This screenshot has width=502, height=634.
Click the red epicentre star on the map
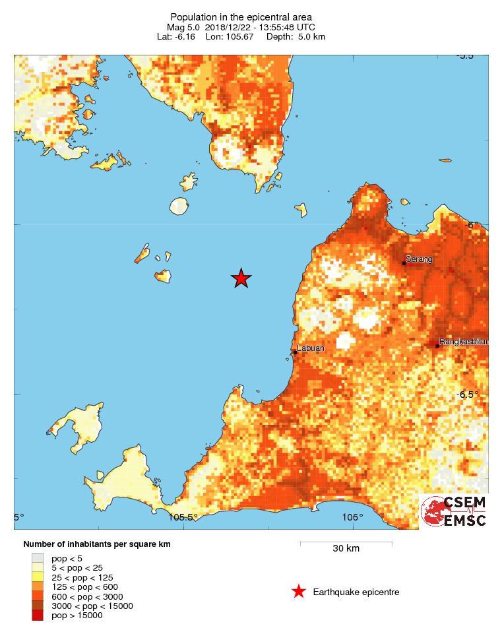pyautogui.click(x=241, y=279)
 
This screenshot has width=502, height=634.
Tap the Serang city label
pyautogui.click(x=419, y=259)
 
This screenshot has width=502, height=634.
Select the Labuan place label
pyautogui.click(x=310, y=348)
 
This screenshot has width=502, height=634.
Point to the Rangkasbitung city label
pyautogui.click(x=464, y=342)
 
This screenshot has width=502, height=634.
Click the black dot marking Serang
pyautogui.click(x=404, y=263)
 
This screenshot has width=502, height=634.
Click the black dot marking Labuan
pyautogui.click(x=296, y=352)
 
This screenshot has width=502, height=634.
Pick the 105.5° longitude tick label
pyautogui.click(x=183, y=517)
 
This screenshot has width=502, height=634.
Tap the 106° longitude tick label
pyautogui.click(x=352, y=517)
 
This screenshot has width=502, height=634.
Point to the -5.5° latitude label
pyautogui.click(x=472, y=55)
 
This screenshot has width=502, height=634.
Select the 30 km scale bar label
pyautogui.click(x=346, y=549)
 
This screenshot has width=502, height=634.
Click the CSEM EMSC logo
pyautogui.click(x=454, y=511)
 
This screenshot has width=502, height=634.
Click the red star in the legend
pyautogui.click(x=299, y=592)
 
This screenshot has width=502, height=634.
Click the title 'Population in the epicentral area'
pyautogui.click(x=241, y=16)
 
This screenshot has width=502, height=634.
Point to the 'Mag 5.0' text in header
pyautogui.click(x=183, y=27)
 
